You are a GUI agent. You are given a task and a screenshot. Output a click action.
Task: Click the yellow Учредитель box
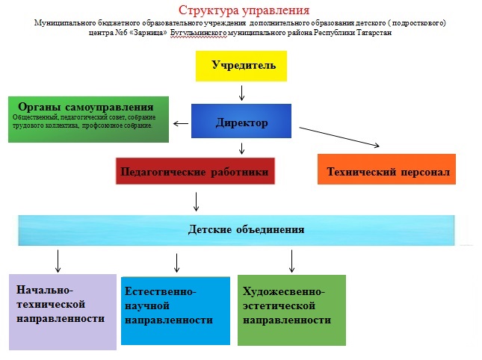pyautogui.click(x=241, y=66)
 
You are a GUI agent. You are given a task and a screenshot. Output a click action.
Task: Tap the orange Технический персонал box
pyautogui.click(x=388, y=172)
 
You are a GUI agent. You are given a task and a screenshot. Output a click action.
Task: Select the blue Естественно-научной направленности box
pyautogui.click(x=176, y=310)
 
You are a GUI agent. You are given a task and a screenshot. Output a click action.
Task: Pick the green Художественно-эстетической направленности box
pyautogui.click(x=291, y=308)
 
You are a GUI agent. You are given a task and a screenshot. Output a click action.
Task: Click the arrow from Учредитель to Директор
pyautogui.click(x=241, y=92)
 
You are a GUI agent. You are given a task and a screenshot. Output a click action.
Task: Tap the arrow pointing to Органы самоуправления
pyautogui.click(x=180, y=124)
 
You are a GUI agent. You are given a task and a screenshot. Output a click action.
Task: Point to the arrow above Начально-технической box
pyautogui.click(x=58, y=261)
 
